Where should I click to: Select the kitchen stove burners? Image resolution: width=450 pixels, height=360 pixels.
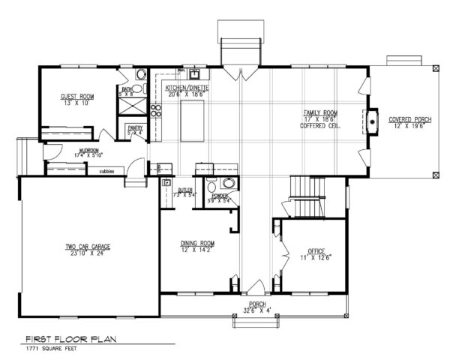point(157,112)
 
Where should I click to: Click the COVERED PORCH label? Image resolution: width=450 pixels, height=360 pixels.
point(408,120)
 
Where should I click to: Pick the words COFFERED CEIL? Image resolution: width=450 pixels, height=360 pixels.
point(317,125)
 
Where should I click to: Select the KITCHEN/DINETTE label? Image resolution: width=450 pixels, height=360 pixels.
point(187,88)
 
